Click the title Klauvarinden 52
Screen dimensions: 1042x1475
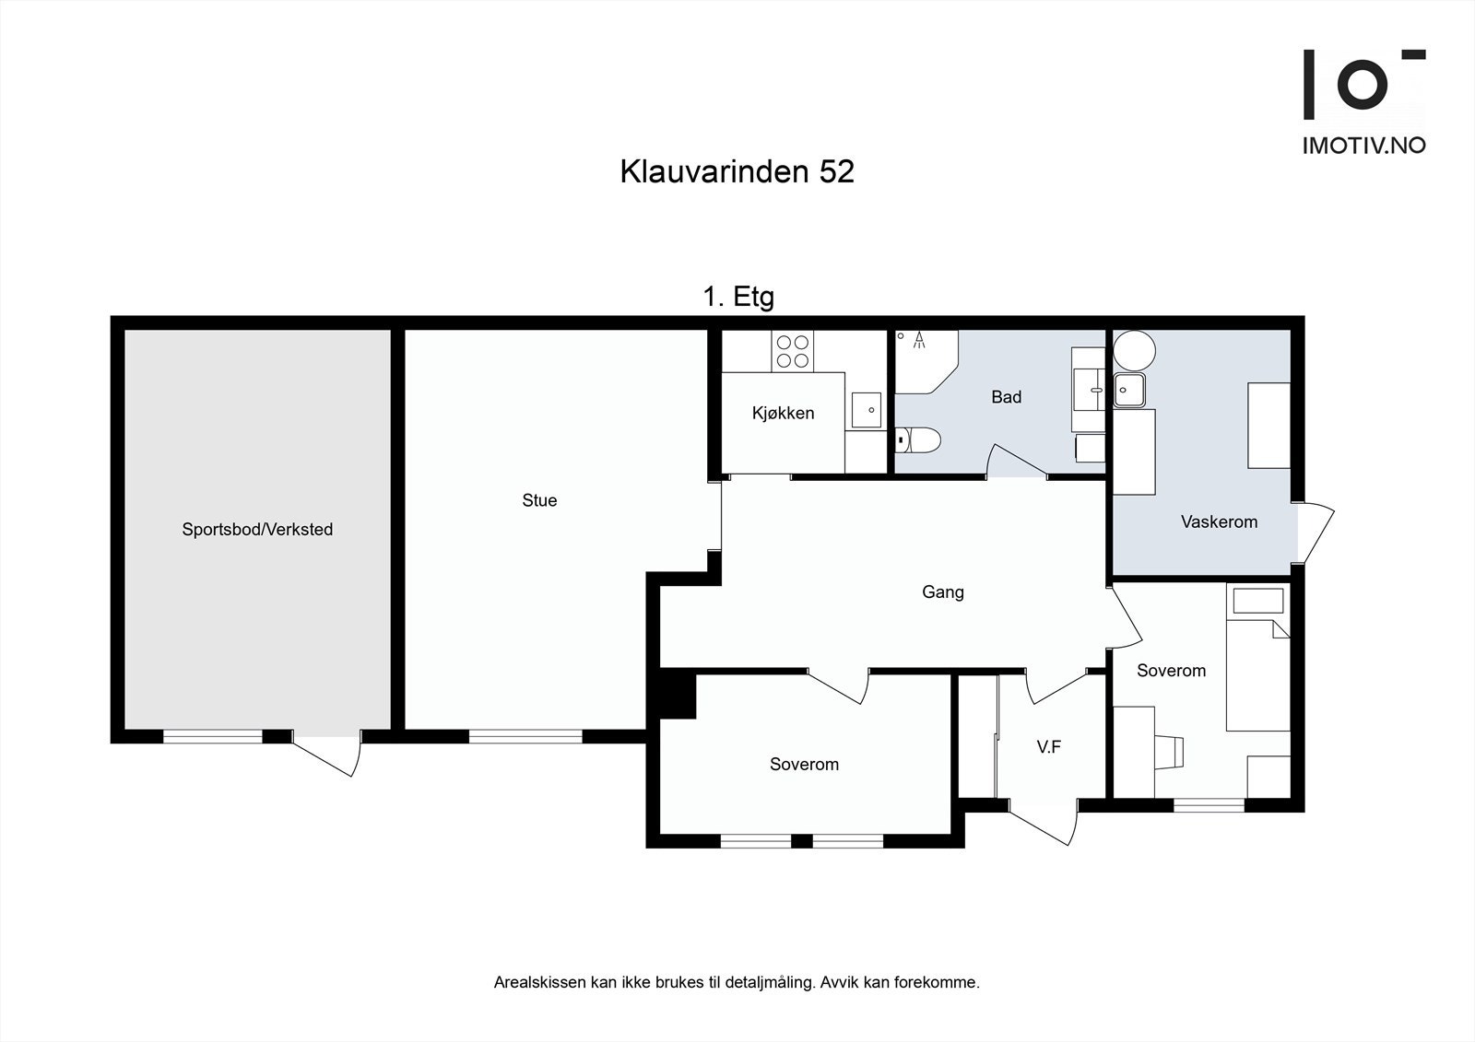coord(737,171)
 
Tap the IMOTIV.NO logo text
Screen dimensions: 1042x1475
coord(1363,146)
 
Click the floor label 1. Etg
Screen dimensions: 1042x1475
coord(738,297)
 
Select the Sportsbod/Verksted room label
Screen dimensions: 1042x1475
coord(257,530)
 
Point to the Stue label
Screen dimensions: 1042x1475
coord(539,500)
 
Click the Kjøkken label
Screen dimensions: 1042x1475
coord(783,414)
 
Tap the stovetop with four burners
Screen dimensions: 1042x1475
coord(793,351)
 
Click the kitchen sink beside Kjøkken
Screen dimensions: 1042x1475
coord(866,409)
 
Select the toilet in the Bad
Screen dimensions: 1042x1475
coord(919,440)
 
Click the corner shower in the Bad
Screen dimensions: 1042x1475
coord(925,358)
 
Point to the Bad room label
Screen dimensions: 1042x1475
coord(1006,397)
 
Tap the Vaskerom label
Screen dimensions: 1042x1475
coord(1219,522)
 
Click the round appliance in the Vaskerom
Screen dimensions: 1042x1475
coord(1133,350)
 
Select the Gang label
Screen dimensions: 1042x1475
coord(942,592)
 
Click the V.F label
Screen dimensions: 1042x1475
coord(1048,747)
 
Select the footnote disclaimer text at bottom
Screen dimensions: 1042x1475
coord(737,983)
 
